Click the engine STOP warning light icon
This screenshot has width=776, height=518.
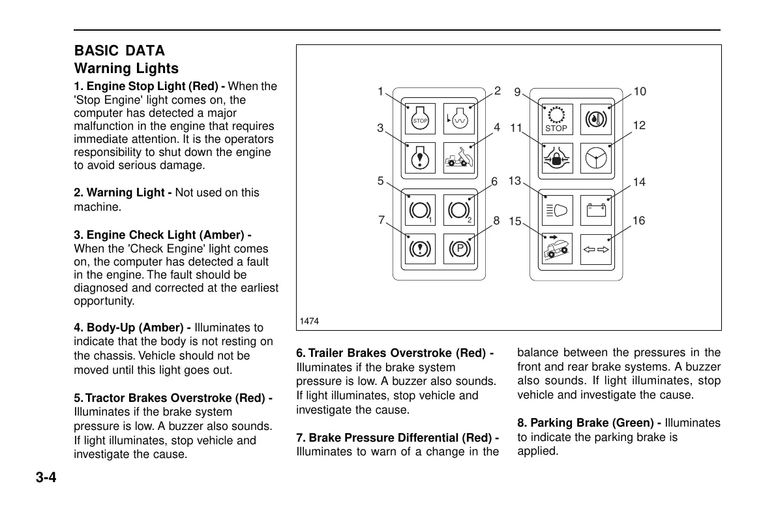coord(420,119)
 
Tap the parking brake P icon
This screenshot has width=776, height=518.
coord(459,249)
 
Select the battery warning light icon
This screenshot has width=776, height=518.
coord(595,211)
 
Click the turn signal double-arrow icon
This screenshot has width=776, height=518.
coord(595,249)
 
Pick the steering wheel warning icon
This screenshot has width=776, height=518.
coord(595,159)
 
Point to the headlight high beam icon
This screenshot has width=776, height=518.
coord(556,211)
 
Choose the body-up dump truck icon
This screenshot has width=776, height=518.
coord(459,159)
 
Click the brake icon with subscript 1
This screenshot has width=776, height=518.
coord(420,211)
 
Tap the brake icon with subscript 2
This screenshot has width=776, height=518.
coord(459,211)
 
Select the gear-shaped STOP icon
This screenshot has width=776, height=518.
coord(556,119)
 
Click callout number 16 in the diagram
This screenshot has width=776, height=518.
coord(638,221)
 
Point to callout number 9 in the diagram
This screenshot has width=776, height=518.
coord(517,93)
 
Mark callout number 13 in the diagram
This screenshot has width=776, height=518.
coord(515,181)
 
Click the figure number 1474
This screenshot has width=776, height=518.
coord(308,321)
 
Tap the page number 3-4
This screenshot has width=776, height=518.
coord(46,478)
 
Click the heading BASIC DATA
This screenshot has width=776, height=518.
coord(119,51)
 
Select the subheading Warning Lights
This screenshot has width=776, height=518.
coord(126,69)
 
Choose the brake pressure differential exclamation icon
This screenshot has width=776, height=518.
coord(420,249)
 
